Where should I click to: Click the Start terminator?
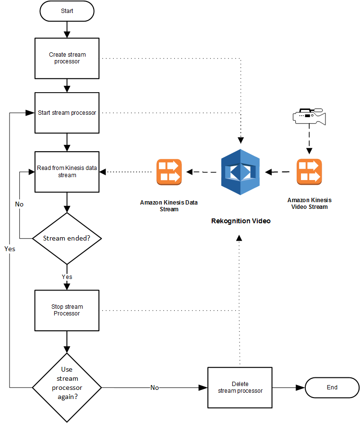[67, 11]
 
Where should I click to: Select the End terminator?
[332, 387]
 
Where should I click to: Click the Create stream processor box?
[67, 58]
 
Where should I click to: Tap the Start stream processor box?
[67, 113]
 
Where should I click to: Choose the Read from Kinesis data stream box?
[67, 172]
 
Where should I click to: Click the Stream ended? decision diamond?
[67, 238]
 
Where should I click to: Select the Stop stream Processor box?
[67, 310]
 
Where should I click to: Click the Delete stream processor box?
[240, 387]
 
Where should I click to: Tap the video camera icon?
[309, 116]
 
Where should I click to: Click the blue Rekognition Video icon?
[240, 172]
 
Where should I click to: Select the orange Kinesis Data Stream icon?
[168, 172]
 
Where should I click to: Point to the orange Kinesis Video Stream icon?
[309, 172]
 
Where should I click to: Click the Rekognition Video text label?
[241, 221]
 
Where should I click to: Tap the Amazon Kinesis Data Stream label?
[168, 205]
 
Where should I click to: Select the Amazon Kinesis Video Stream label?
[309, 203]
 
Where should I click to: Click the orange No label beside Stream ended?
[19, 204]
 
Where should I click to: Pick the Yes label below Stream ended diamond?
[67, 277]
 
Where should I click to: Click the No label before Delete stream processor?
[155, 387]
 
